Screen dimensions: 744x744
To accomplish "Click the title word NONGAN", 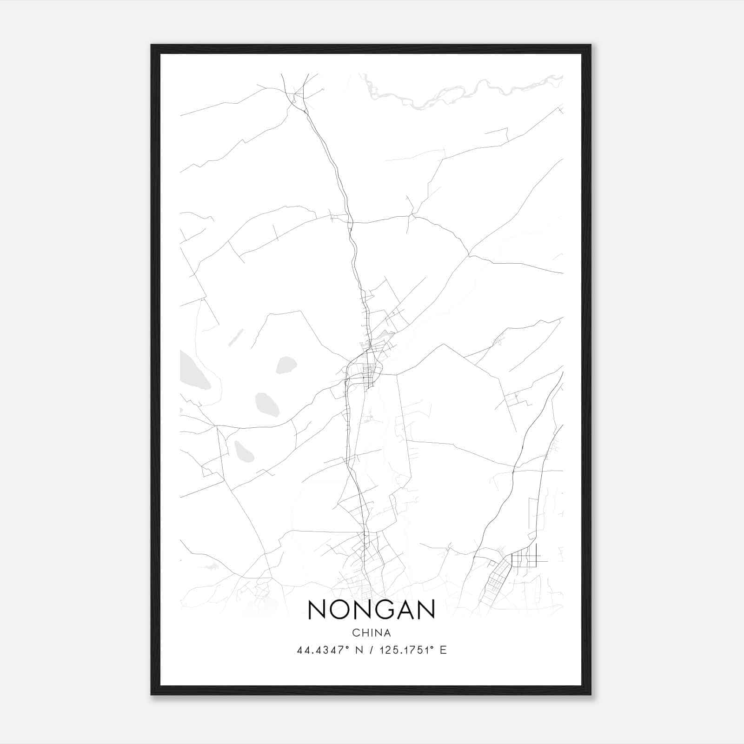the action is (x=371, y=610).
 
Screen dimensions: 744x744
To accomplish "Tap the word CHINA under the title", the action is (x=372, y=633).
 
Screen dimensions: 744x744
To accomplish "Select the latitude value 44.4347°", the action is (x=322, y=650).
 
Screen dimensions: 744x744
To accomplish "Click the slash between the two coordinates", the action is (x=371, y=650).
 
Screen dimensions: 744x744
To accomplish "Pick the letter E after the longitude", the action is (x=443, y=650).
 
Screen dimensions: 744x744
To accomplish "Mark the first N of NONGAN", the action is (x=317, y=610).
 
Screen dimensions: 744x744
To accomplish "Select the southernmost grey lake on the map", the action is (x=244, y=451).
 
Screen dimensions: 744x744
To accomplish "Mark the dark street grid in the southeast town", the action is (x=523, y=558).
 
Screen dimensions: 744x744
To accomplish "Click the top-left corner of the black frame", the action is (x=152, y=46).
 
